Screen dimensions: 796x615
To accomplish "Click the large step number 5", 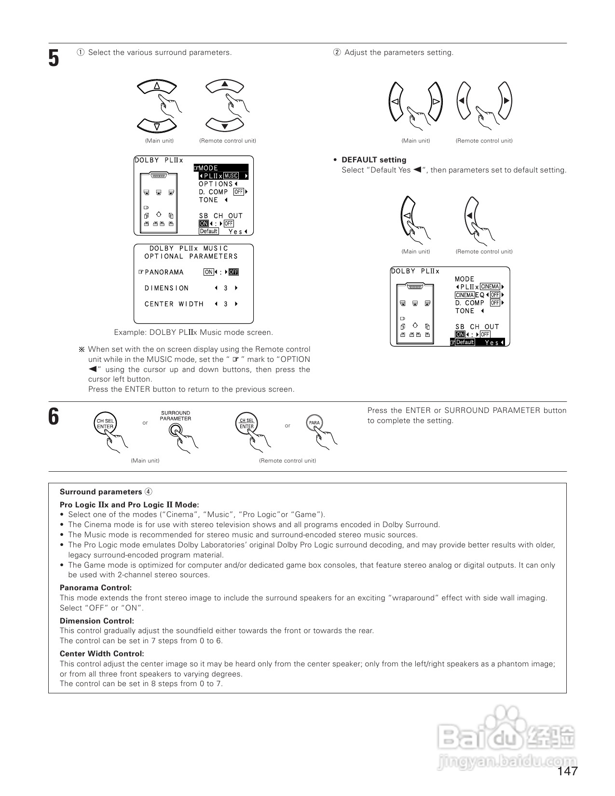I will click(54, 58).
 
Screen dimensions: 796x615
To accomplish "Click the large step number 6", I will click(54, 416).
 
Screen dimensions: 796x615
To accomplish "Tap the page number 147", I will click(567, 771).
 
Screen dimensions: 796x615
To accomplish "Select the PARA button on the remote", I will click(314, 423).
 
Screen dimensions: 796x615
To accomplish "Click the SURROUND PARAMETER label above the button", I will click(176, 416).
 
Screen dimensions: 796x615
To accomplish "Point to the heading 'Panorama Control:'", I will click(96, 588).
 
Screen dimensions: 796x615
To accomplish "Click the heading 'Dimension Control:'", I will click(97, 621).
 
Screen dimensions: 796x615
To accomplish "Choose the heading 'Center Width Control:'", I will click(102, 654).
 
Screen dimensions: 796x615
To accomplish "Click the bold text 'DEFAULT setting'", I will click(374, 160).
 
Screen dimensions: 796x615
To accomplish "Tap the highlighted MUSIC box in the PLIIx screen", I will click(232, 176).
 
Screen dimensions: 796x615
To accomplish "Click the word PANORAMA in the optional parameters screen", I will click(164, 272).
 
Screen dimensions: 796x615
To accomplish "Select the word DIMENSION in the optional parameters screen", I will click(166, 288).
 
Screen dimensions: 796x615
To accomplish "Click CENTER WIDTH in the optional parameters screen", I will click(174, 304).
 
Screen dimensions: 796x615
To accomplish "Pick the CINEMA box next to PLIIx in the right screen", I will click(490, 287).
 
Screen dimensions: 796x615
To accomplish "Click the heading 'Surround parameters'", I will click(101, 492).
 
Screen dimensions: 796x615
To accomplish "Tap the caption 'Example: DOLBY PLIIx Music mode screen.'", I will click(193, 332).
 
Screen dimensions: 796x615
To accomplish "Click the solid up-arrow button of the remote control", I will click(224, 85).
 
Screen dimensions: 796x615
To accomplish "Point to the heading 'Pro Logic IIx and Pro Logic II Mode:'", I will click(129, 505).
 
